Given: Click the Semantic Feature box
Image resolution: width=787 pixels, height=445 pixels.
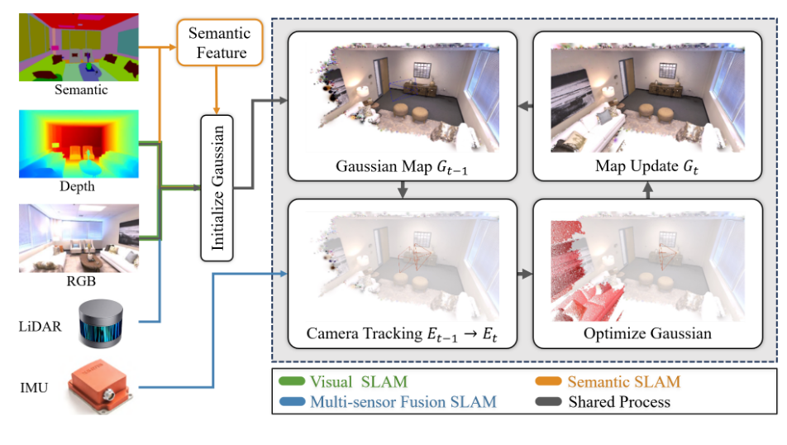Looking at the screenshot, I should point(218,43).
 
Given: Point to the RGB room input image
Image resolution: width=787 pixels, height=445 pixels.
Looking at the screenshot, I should point(79,237).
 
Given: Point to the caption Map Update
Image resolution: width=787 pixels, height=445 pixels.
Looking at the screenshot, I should point(642,165).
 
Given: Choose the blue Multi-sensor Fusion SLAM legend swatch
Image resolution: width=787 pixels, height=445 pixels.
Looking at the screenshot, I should point(293,402).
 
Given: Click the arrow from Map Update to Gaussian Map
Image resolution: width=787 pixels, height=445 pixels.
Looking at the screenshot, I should point(524,107).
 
